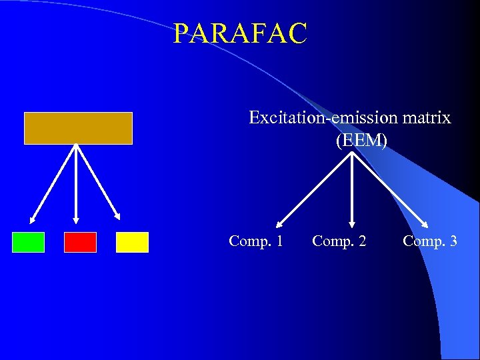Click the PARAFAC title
pos(240,33)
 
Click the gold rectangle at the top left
pos(78,128)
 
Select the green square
pos(28,242)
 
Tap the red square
pos(80,242)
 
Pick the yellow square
pos(132,242)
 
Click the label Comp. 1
pos(255,241)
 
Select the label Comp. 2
pos(339,241)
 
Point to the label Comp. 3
pos(430,241)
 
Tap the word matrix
pos(427,119)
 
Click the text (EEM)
pos(361,141)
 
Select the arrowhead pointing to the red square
pos(76,220)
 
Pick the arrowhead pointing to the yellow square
pos(118,217)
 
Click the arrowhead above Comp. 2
pos(352,225)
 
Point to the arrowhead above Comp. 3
pos(427,225)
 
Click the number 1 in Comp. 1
pos(279,241)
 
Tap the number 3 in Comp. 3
pos(453,241)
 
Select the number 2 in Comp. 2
pos(362,241)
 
